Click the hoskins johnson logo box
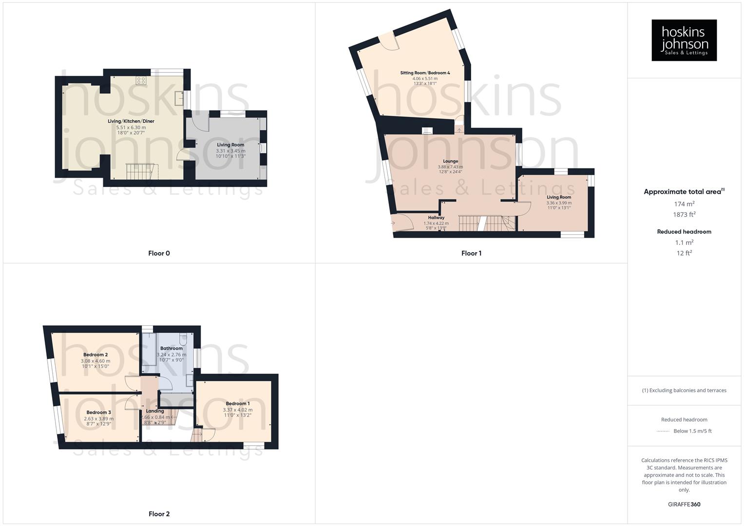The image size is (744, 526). tap(684, 40)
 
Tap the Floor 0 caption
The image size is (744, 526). tap(159, 253)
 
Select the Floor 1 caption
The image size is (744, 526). tap(471, 253)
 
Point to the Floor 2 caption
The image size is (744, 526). tap(159, 514)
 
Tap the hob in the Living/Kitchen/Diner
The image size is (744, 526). tap(141, 80)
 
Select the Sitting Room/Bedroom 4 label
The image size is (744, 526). tap(425, 73)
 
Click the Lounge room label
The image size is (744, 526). tap(450, 161)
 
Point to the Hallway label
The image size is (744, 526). tap(436, 218)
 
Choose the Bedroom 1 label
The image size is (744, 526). tap(238, 404)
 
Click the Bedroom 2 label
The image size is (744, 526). tap(95, 355)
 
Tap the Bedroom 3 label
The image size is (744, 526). tap(99, 413)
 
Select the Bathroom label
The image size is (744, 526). tap(172, 348)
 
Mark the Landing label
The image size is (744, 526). tap(155, 411)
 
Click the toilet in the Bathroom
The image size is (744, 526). tap(183, 338)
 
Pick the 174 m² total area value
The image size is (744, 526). tap(684, 204)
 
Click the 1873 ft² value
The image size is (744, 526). tap(684, 214)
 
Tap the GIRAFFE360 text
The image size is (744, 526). tap(684, 505)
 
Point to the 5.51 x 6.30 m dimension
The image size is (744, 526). tap(131, 127)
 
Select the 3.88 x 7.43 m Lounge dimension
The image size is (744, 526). tap(450, 167)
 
